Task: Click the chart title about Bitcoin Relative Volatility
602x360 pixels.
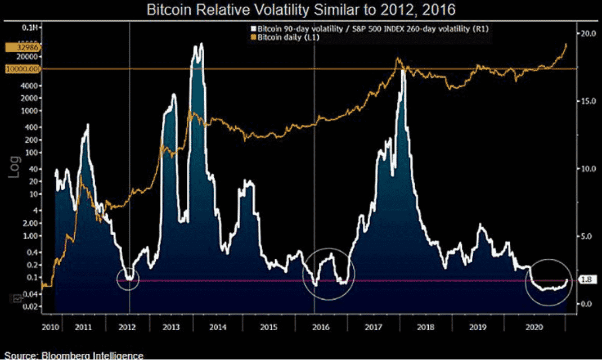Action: point(300,10)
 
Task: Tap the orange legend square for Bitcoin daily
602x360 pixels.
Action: point(254,37)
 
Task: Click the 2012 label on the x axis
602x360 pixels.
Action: point(127,326)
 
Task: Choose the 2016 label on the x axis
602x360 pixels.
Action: point(321,326)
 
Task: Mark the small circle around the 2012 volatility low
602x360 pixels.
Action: point(129,278)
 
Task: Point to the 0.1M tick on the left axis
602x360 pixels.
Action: point(33,27)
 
